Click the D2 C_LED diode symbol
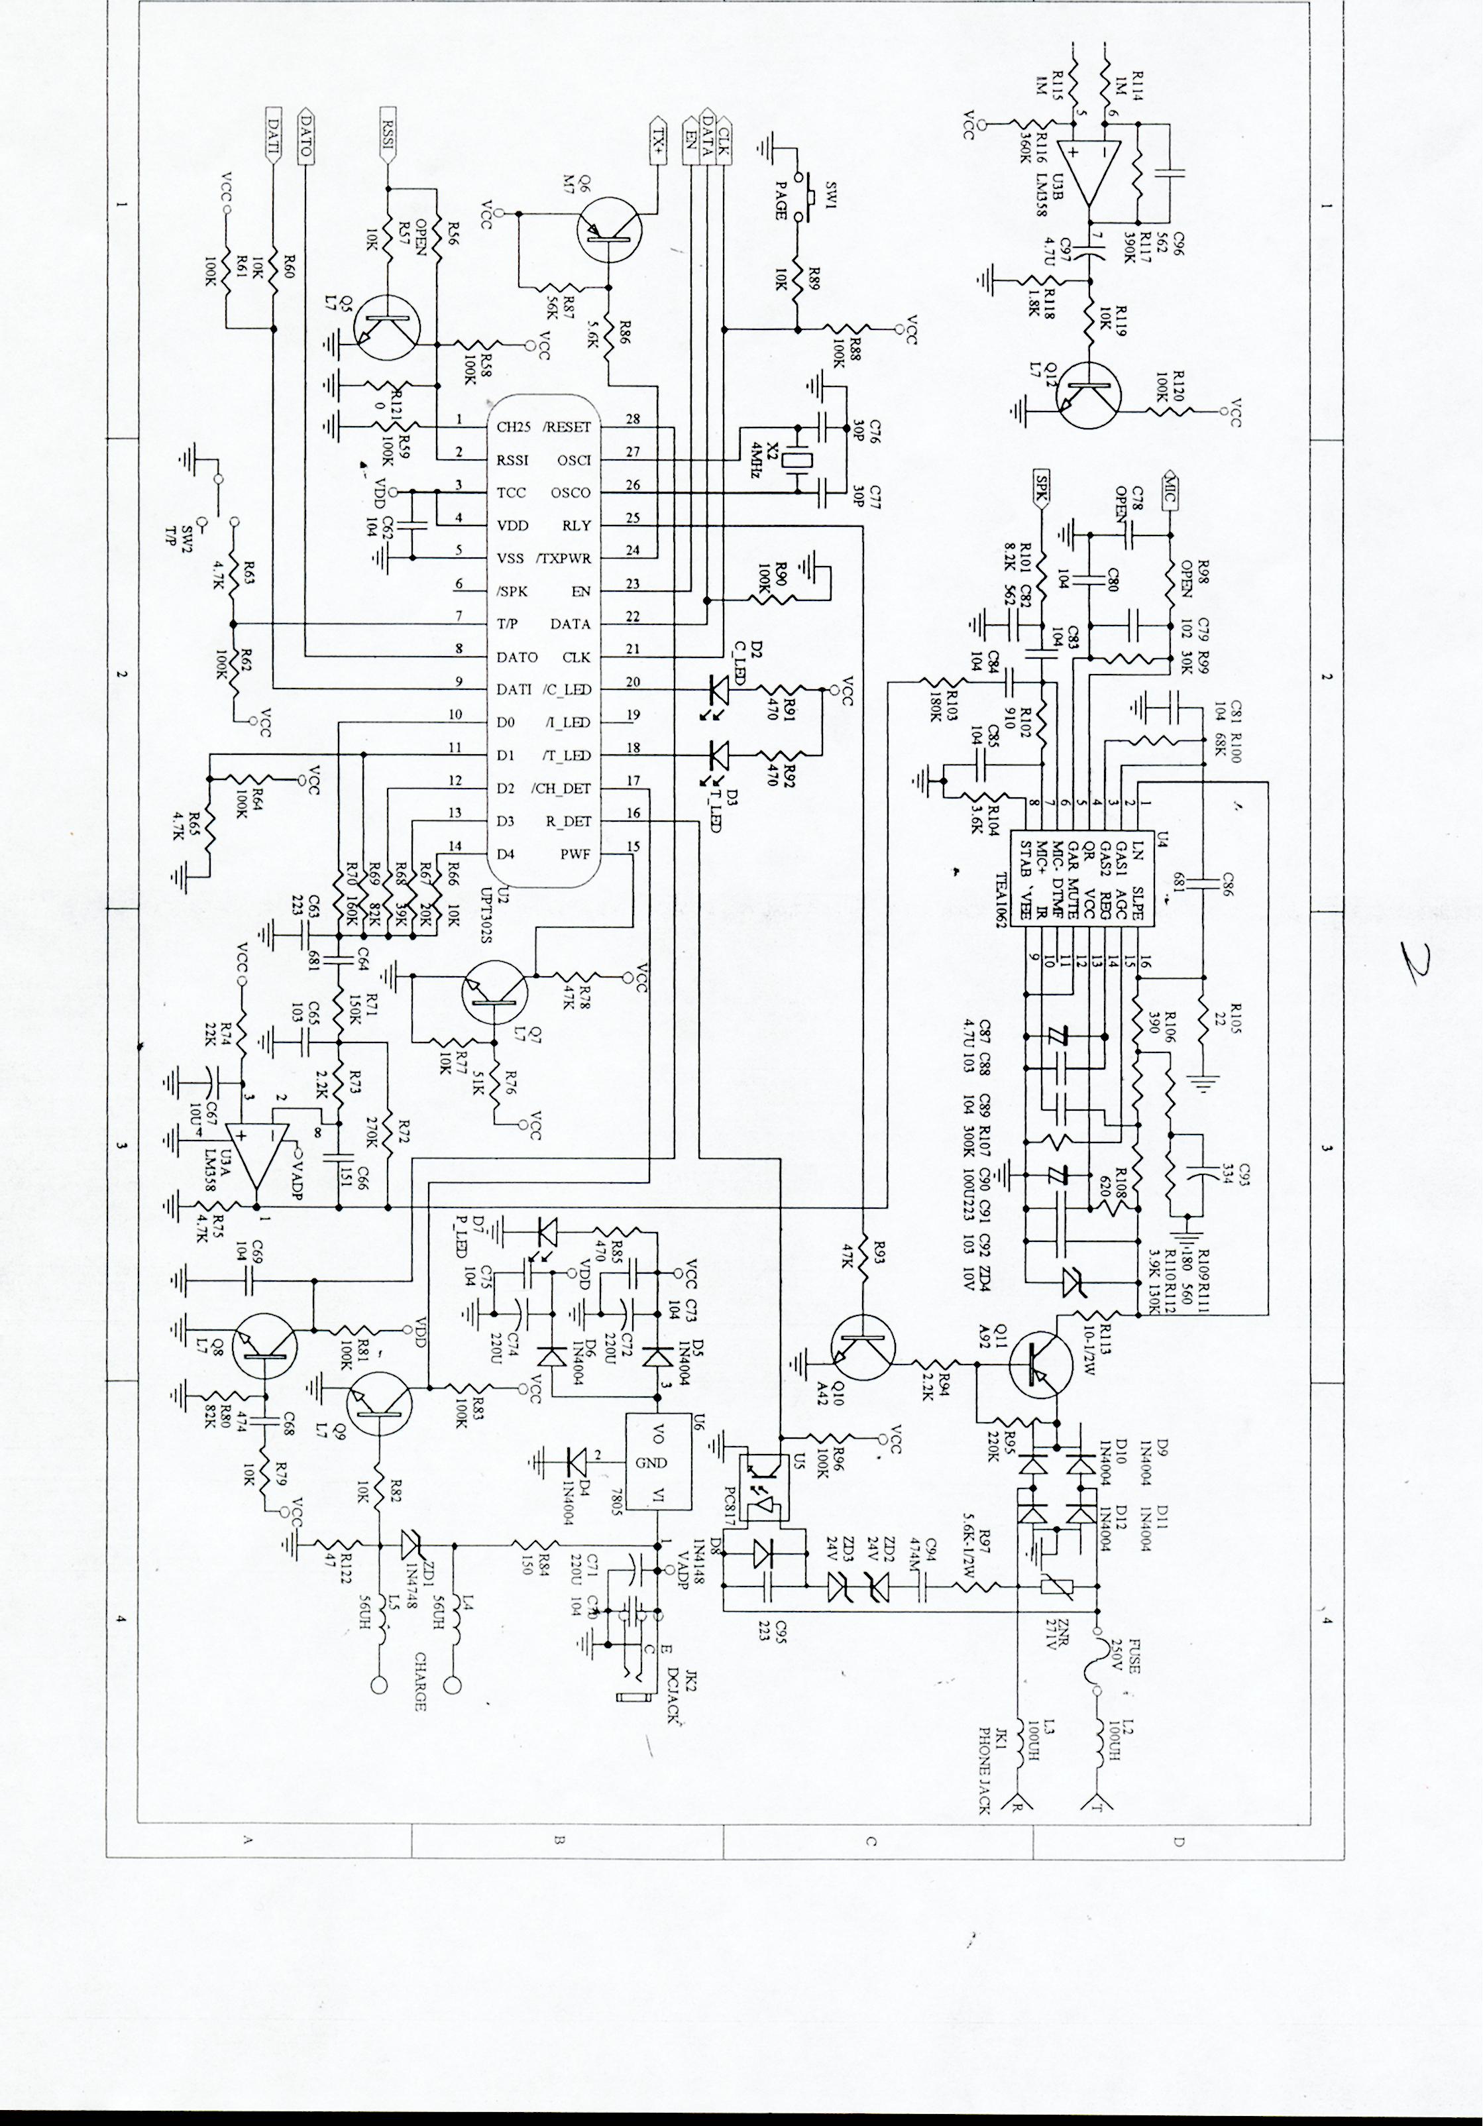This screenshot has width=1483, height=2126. (719, 689)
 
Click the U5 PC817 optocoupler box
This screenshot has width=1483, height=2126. (761, 1497)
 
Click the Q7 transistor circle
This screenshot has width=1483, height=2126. (494, 993)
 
